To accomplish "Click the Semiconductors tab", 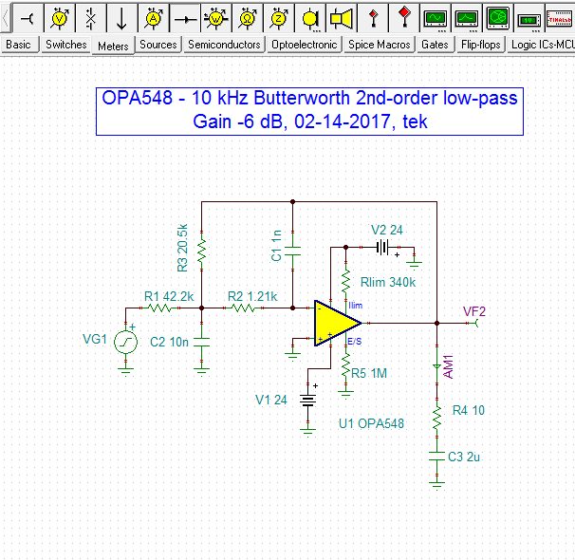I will pos(224,45).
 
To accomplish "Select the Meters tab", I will pos(113,46).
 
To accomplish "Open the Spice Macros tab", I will pos(379,45).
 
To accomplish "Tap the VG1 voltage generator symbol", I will pos(126,341).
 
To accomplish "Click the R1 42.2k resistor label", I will pos(169,296).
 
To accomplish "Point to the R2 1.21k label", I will pos(252,296).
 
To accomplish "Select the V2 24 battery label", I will pos(387,230).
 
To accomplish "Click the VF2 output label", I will pos(474,310).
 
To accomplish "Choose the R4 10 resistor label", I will pos(468,410).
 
